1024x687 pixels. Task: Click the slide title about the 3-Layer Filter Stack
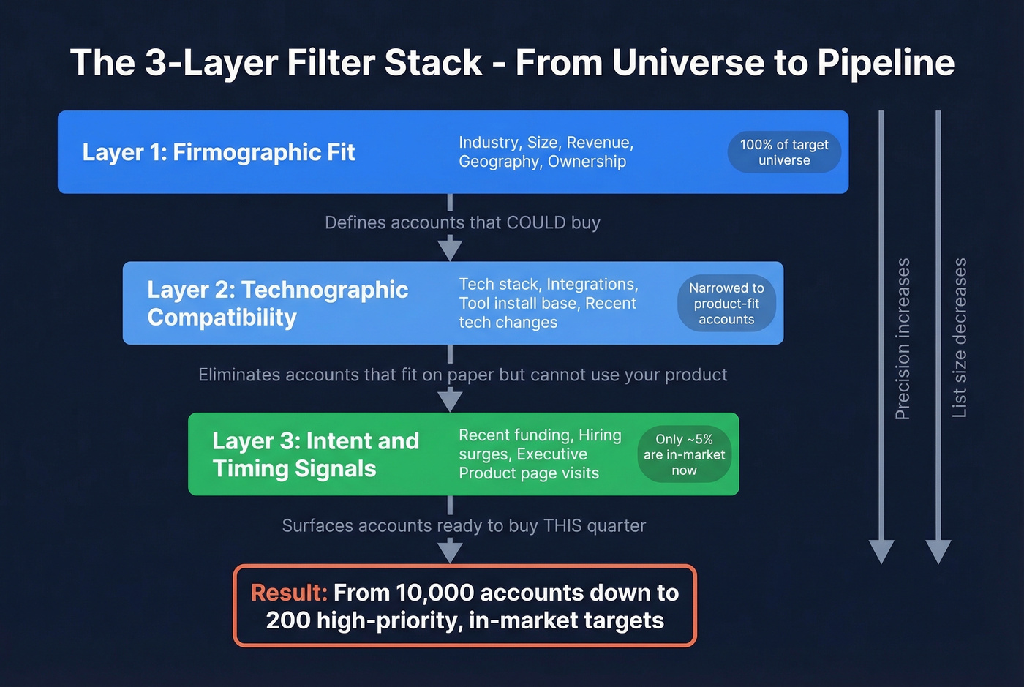512,63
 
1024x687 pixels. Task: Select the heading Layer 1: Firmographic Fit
219,152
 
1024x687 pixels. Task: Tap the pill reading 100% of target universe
784,152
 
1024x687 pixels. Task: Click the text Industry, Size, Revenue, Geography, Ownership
546,152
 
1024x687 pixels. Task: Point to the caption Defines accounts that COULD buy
462,222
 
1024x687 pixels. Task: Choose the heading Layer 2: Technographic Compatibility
277,303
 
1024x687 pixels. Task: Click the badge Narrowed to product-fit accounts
726,304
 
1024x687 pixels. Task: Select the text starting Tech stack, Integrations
548,303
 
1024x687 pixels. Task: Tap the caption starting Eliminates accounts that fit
462,375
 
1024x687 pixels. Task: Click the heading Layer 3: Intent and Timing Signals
315,454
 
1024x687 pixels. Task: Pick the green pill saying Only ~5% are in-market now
684,454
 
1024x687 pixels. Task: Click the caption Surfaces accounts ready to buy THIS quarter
464,525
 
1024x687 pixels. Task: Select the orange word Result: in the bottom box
289,593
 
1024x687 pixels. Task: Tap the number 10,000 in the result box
434,593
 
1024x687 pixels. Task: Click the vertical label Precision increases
903,338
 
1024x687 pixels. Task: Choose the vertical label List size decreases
960,338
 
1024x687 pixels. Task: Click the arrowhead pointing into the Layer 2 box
450,250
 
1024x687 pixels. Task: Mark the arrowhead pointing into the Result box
450,552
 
